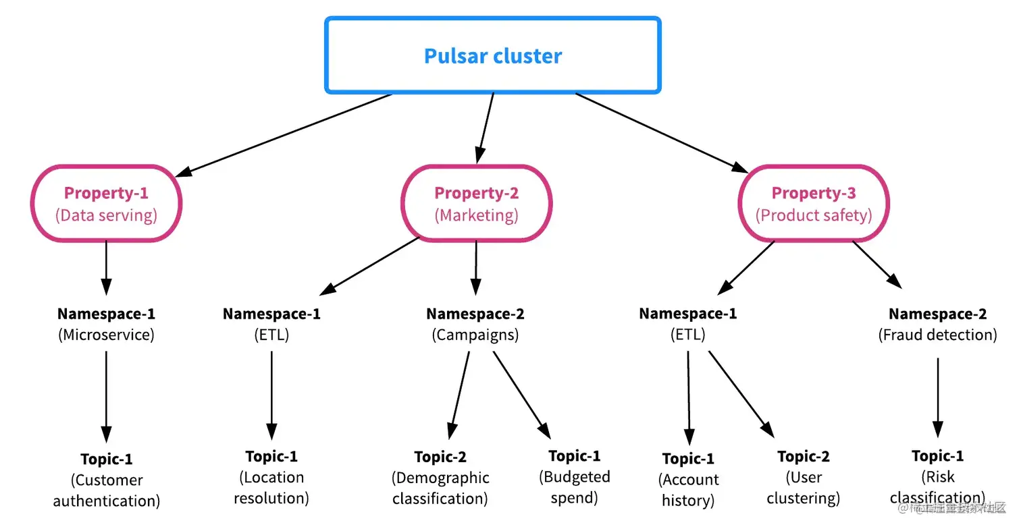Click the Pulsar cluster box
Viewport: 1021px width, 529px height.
click(x=493, y=55)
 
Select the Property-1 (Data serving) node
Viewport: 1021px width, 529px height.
click(x=106, y=204)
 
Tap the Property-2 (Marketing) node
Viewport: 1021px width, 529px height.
click(x=477, y=204)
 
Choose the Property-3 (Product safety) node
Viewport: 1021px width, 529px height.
click(x=814, y=204)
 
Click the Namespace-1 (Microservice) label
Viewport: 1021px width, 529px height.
click(x=106, y=324)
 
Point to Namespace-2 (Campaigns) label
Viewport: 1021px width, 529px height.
click(x=475, y=324)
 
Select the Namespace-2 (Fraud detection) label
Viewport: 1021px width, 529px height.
click(x=937, y=324)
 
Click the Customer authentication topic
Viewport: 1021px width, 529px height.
click(x=107, y=480)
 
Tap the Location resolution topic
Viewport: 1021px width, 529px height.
click(x=271, y=477)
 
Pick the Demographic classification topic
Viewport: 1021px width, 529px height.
click(x=440, y=478)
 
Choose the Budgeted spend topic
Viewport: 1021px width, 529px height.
click(x=575, y=477)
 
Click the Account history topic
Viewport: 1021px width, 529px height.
click(x=688, y=480)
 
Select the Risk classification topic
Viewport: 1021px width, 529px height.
click(x=938, y=476)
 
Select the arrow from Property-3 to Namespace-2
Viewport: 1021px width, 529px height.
click(x=876, y=264)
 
